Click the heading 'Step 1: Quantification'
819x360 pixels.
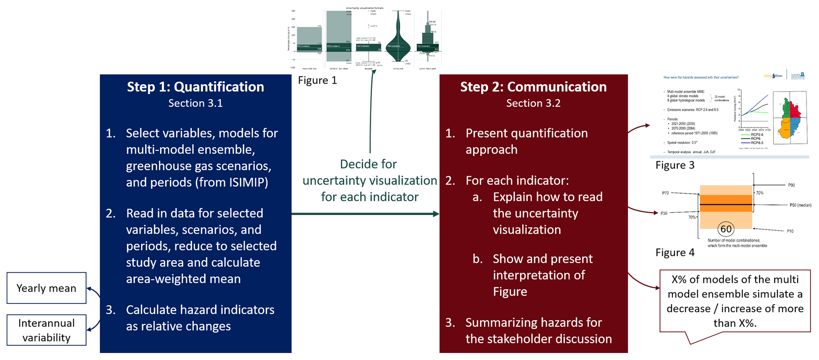coord(195,87)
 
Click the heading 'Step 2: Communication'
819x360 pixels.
coord(533,87)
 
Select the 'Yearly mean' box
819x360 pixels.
coord(46,288)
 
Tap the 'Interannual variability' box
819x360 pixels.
coord(46,330)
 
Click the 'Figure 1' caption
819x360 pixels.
coord(317,80)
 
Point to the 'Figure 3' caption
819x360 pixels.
coord(675,165)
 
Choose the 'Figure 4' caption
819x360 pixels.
coord(675,253)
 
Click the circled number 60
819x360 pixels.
coord(726,229)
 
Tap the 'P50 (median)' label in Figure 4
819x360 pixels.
coord(800,205)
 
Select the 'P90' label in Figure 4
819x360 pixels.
coord(791,185)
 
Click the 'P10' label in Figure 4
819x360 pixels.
coord(790,231)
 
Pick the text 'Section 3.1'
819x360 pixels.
coord(195,103)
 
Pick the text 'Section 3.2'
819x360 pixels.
coord(533,103)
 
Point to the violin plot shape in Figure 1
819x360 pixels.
coord(398,44)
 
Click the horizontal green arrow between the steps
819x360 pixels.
coord(365,214)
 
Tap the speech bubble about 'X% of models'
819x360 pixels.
coord(735,301)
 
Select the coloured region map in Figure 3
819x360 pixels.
coord(790,117)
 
